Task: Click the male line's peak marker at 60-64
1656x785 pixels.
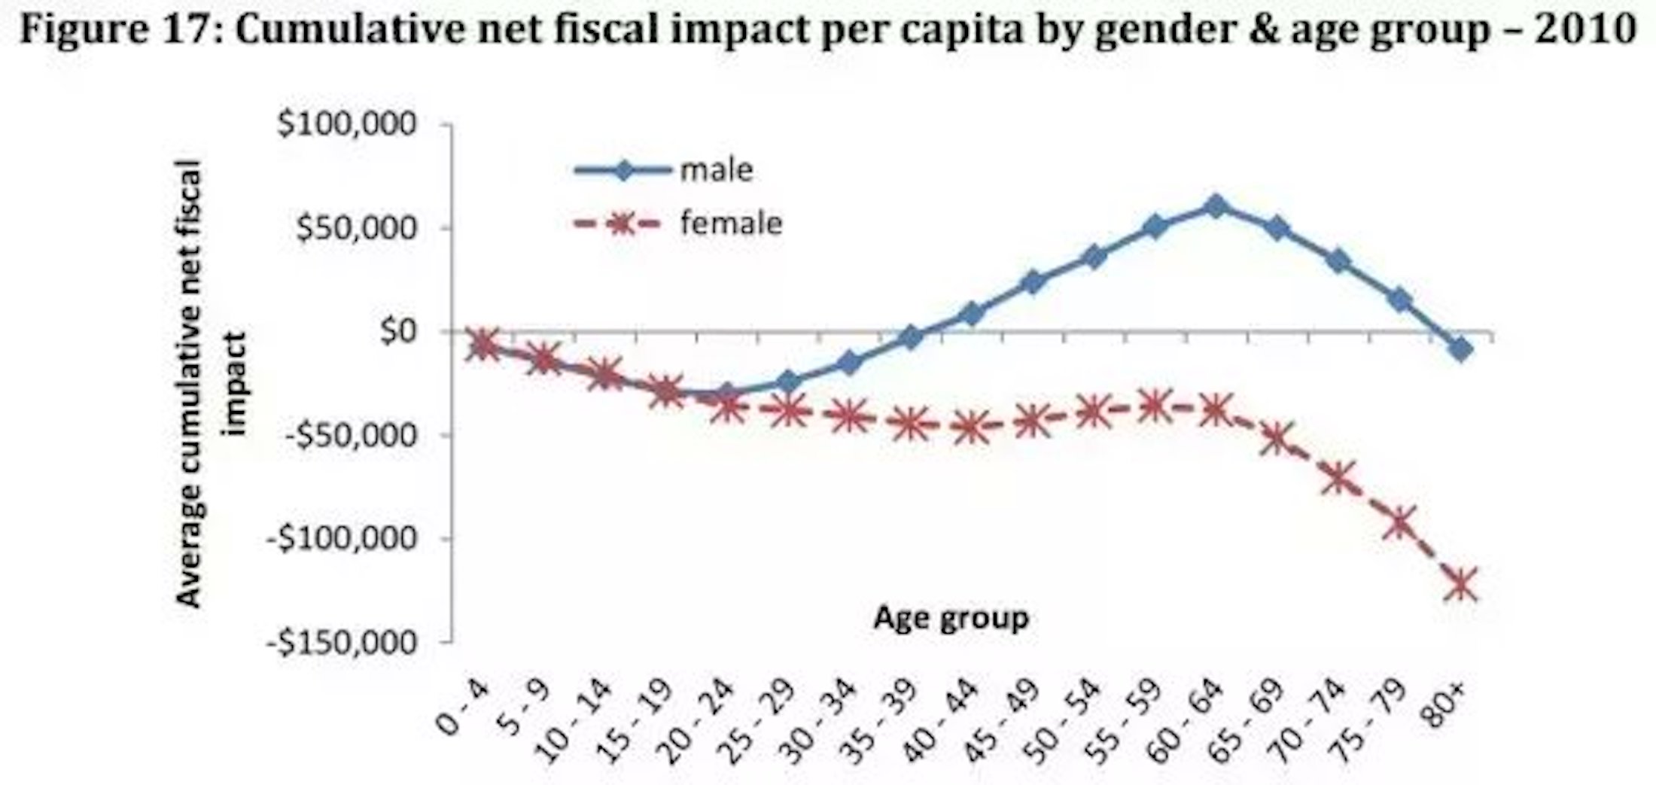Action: point(1216,206)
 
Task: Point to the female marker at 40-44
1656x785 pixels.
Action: point(971,427)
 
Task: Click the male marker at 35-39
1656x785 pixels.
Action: point(911,338)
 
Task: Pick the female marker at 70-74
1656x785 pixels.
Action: point(1338,477)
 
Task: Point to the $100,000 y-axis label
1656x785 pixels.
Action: point(347,125)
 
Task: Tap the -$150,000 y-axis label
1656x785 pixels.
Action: point(340,643)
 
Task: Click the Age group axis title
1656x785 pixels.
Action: point(951,618)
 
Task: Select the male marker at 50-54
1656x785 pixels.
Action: point(1094,257)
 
